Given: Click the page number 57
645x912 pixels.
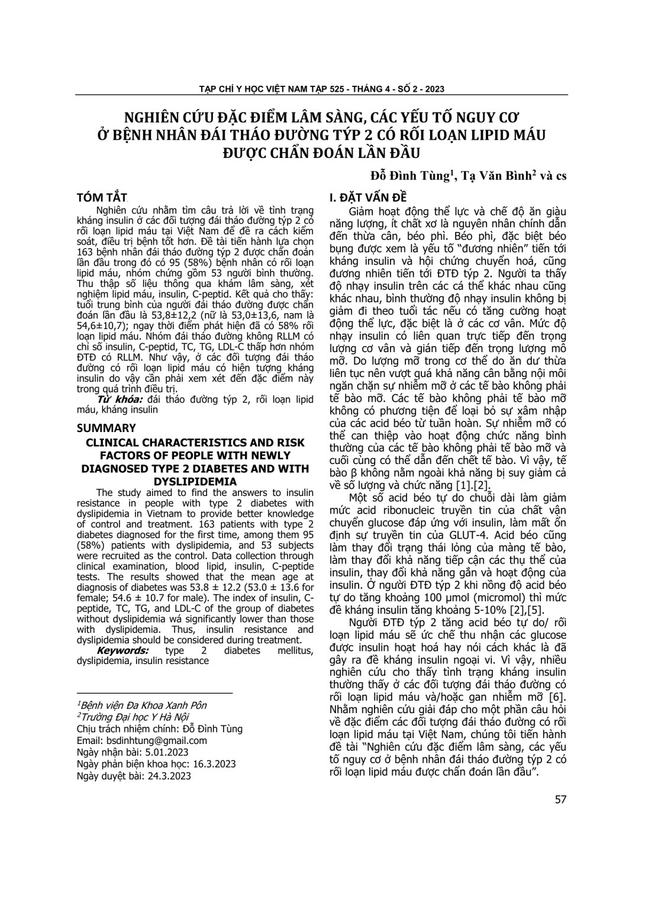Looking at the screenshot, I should click(560, 800).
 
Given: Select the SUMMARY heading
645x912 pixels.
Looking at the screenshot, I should click(107, 427).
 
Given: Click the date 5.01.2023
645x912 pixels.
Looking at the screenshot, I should click(161, 752).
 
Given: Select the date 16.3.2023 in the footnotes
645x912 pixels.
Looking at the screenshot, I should click(191, 764).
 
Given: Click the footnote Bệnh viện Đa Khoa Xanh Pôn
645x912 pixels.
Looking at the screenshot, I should click(143, 705).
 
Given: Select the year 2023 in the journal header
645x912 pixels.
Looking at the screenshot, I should click(434, 89).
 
